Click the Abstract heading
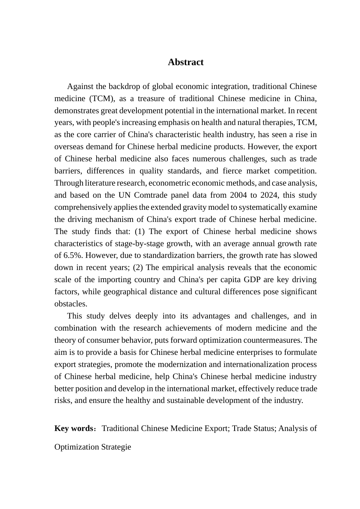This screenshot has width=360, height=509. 185,62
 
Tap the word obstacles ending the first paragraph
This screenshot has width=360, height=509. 71,304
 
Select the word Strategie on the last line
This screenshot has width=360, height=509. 116,447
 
